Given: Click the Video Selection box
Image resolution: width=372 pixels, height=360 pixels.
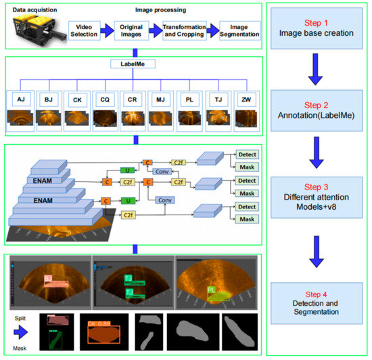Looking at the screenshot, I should tap(84, 30).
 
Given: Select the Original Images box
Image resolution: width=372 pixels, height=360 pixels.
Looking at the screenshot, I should tap(135, 30).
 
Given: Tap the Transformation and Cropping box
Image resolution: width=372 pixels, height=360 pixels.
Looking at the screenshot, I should tap(183, 30).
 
